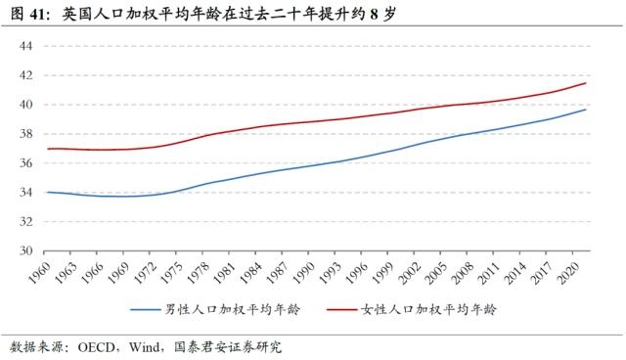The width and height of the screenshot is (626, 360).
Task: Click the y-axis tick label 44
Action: (25, 46)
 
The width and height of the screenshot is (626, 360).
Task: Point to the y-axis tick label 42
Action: (25, 75)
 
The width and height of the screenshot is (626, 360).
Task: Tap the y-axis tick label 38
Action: (25, 134)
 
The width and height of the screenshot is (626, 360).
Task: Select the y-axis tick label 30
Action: (25, 250)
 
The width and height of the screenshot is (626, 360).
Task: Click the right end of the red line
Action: (586, 83)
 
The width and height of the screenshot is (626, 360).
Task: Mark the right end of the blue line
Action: (586, 110)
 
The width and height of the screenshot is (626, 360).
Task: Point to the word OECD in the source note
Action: (102, 346)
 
